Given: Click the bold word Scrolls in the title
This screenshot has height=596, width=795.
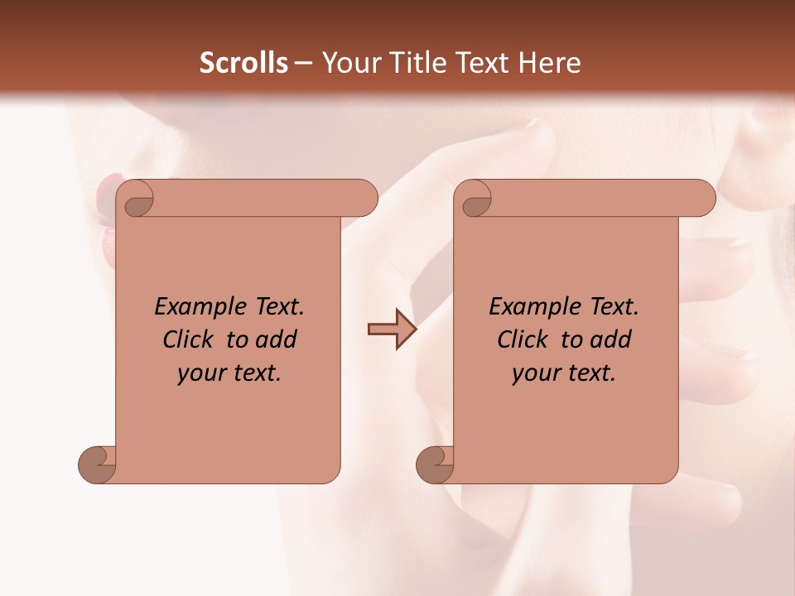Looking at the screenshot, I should pyautogui.click(x=244, y=63).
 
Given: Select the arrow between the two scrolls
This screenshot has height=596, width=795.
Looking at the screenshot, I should pyautogui.click(x=393, y=329).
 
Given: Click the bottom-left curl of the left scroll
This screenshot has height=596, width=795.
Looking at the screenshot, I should pyautogui.click(x=96, y=464).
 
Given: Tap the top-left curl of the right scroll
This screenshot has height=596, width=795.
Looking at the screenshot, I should pyautogui.click(x=476, y=201).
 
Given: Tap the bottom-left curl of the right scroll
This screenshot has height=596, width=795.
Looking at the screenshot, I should pyautogui.click(x=434, y=464).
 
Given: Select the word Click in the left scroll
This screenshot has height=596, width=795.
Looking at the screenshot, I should pyautogui.click(x=189, y=339).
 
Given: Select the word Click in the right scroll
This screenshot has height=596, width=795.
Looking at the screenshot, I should pyautogui.click(x=523, y=339).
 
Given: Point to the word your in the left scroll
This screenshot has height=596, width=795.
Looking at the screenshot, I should pyautogui.click(x=201, y=373).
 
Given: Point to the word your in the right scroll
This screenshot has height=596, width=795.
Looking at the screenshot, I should pyautogui.click(x=536, y=373).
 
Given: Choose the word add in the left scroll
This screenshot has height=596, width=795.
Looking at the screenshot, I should pyautogui.click(x=277, y=339).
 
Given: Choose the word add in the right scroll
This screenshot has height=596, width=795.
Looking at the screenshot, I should pyautogui.click(x=612, y=339).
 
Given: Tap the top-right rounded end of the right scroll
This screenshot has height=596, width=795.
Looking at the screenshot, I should pyautogui.click(x=701, y=199).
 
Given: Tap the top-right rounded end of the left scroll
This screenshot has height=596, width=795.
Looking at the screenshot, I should pyautogui.click(x=363, y=199).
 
